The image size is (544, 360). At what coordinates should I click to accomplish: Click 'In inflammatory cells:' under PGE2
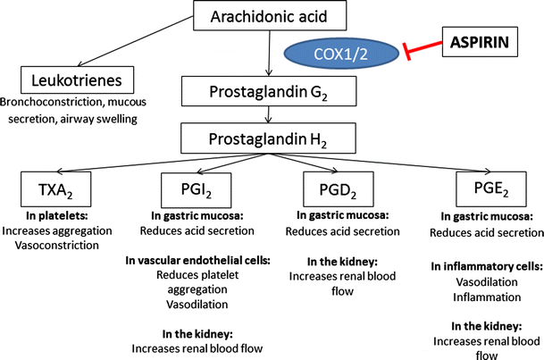pyautogui.click(x=482, y=266)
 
